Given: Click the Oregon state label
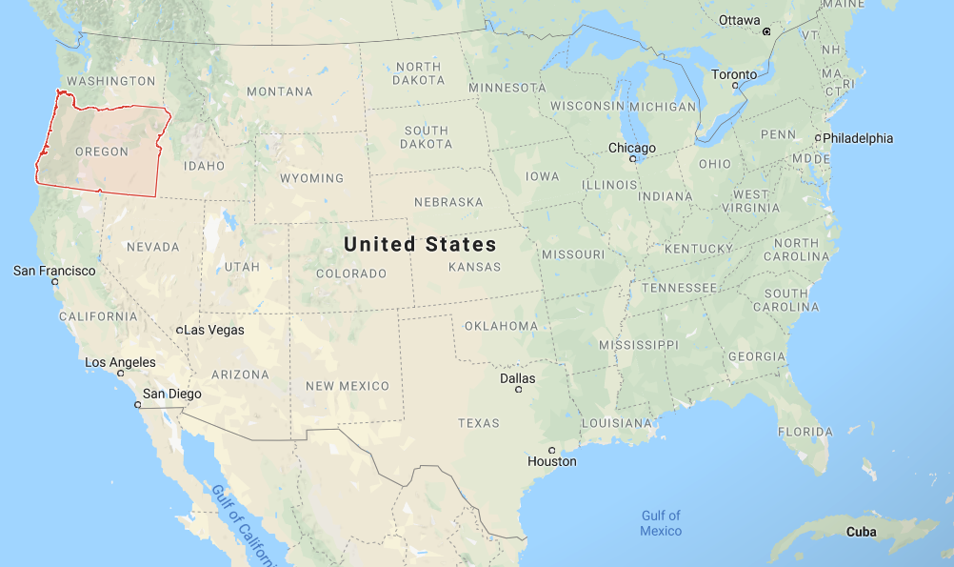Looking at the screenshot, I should (x=101, y=152).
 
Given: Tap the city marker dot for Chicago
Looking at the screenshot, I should (x=632, y=159).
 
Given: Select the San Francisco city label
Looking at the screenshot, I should (x=54, y=271).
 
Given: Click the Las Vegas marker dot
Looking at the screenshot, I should (x=180, y=330).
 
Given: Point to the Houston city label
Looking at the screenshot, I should (x=552, y=461).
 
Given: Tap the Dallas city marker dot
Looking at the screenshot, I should (x=518, y=390).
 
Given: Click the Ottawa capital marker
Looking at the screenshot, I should (x=765, y=31).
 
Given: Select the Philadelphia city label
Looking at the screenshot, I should (x=858, y=138).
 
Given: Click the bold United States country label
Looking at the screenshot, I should (x=420, y=244).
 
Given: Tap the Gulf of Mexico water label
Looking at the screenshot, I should (x=661, y=523).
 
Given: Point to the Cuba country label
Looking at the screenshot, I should (x=861, y=532).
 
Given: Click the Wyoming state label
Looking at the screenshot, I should (x=311, y=178).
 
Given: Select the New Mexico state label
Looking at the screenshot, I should (x=347, y=386).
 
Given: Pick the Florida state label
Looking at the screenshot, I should (x=805, y=432).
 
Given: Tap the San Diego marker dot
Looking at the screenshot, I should (x=138, y=404).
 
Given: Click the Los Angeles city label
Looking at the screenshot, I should (x=120, y=362).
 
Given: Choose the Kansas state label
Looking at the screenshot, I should (x=474, y=267).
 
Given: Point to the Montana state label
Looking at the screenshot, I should (x=279, y=91).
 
